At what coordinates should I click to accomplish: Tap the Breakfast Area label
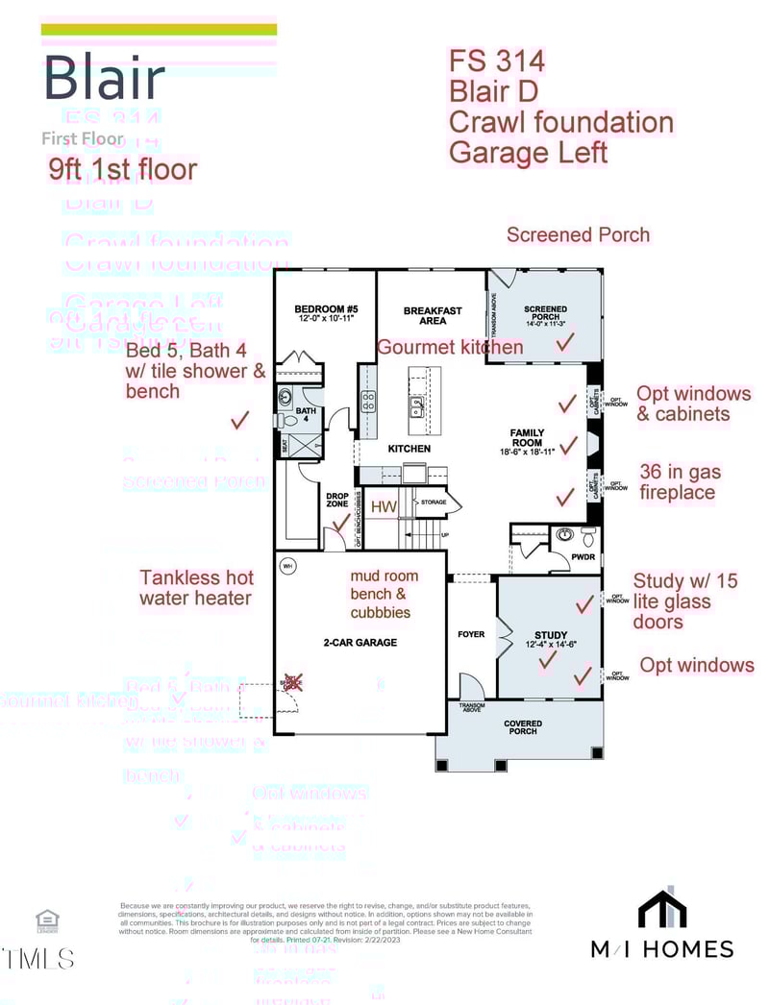[x=433, y=315]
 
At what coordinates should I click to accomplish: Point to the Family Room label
[x=527, y=438]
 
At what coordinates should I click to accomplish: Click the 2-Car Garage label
[x=360, y=643]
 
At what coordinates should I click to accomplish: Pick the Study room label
[x=551, y=635]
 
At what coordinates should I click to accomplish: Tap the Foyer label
[x=471, y=635]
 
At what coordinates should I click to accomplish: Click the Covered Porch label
[x=523, y=727]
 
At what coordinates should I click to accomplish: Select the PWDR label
[x=583, y=556]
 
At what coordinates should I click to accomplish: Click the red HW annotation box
[x=384, y=506]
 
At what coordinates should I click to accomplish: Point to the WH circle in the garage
[x=286, y=567]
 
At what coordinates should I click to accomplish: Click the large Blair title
[x=104, y=79]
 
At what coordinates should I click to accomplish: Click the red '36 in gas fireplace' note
[x=680, y=482]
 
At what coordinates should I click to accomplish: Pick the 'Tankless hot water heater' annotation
[x=197, y=588]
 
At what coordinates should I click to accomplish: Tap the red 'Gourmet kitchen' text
[x=450, y=347]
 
